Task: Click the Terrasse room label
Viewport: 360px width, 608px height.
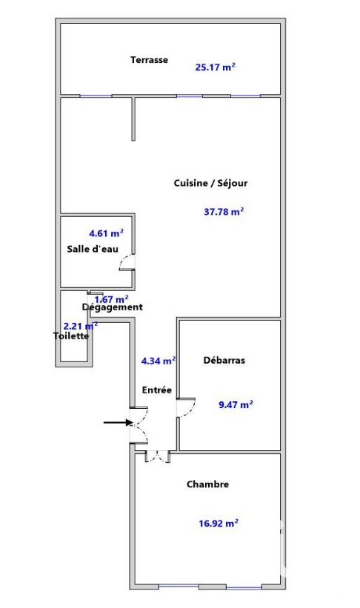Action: click(149, 60)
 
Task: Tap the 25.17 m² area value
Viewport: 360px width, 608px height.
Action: click(216, 67)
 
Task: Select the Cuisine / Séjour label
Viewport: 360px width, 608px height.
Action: click(210, 183)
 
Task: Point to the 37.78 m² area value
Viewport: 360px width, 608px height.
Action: click(224, 212)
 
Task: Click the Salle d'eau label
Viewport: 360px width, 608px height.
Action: click(93, 249)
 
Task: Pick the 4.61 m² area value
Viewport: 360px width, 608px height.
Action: click(106, 233)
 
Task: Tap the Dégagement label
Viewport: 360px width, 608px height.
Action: click(112, 307)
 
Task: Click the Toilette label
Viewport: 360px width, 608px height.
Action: click(71, 335)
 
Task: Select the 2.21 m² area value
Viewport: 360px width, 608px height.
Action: click(80, 327)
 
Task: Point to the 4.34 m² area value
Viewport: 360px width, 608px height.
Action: click(159, 361)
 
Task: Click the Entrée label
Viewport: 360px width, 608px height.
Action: click(157, 390)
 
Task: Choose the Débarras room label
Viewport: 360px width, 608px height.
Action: click(224, 360)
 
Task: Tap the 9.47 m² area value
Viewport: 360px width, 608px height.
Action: click(236, 405)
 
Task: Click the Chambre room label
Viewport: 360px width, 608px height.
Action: click(207, 484)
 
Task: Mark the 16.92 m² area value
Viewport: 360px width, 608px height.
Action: click(219, 524)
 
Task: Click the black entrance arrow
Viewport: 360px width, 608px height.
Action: click(119, 422)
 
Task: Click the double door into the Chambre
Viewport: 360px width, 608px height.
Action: click(158, 457)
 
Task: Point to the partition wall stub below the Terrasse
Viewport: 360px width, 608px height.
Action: click(133, 118)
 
